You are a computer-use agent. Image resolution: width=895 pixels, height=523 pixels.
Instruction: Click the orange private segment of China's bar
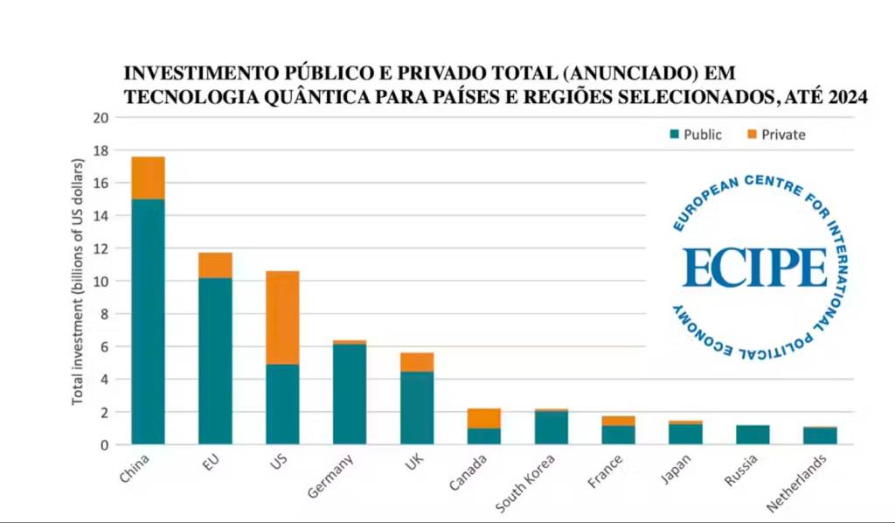click(148, 178)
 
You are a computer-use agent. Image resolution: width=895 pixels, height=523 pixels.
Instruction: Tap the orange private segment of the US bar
click(282, 317)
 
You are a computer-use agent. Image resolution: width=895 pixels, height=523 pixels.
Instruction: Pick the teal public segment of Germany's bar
click(350, 394)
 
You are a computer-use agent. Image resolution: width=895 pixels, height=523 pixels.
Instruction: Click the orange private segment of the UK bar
click(417, 362)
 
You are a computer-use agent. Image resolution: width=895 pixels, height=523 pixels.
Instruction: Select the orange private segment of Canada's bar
click(484, 418)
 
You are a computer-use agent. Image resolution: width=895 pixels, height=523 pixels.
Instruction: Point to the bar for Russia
click(753, 435)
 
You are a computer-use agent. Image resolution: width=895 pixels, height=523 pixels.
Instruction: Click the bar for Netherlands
click(820, 436)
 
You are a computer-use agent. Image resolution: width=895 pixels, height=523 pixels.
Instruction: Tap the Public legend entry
click(696, 135)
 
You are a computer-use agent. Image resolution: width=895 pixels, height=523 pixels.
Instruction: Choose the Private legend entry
click(774, 135)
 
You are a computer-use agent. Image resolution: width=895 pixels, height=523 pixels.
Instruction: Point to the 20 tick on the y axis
click(101, 118)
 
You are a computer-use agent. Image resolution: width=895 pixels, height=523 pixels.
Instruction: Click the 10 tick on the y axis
click(101, 282)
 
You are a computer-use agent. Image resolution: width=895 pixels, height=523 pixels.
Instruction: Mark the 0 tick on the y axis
click(104, 444)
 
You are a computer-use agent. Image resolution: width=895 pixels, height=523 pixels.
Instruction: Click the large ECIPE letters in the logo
click(754, 268)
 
